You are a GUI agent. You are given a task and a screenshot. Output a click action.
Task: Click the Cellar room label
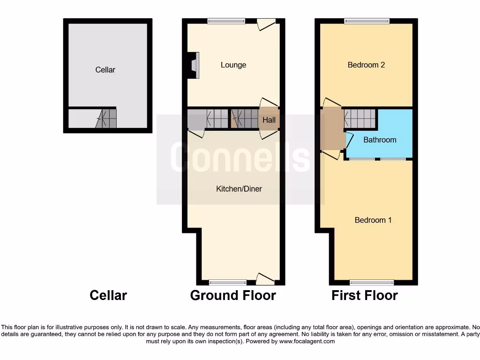pyautogui.click(x=105, y=70)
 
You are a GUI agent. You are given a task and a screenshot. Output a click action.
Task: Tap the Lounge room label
pyautogui.click(x=233, y=65)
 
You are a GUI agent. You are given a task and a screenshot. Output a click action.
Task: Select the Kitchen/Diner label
pyautogui.click(x=239, y=189)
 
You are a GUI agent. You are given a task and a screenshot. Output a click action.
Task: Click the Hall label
pyautogui.click(x=269, y=120)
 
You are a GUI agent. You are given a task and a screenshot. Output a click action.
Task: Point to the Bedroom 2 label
pyautogui.click(x=366, y=65)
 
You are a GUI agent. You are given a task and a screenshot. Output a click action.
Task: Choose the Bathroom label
pyautogui.click(x=380, y=140)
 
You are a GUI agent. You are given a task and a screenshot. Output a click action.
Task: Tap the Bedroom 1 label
pyautogui.click(x=373, y=220)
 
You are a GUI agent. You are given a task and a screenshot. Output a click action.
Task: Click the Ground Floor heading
pyautogui.click(x=233, y=295)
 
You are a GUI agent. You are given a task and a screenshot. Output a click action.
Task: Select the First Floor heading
pyautogui.click(x=365, y=295)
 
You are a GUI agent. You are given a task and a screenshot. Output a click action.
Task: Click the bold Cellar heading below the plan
pyautogui.click(x=108, y=295)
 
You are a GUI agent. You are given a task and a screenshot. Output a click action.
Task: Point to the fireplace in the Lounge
pyautogui.click(x=195, y=64)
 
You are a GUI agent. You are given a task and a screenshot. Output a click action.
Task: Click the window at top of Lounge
pyautogui.click(x=226, y=21)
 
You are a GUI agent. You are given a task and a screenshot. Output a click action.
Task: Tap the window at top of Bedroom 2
pyautogui.click(x=367, y=21)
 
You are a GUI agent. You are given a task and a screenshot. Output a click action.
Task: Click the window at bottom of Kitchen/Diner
pyautogui.click(x=228, y=282)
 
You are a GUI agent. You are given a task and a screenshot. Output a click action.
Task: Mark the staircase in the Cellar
pyautogui.click(x=106, y=119)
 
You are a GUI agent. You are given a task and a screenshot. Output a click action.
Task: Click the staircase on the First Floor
pyautogui.click(x=360, y=118)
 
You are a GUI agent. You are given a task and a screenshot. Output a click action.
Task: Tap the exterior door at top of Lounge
pyautogui.click(x=266, y=23)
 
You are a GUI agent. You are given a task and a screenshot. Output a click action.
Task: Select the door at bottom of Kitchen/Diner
pyautogui.click(x=265, y=279)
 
